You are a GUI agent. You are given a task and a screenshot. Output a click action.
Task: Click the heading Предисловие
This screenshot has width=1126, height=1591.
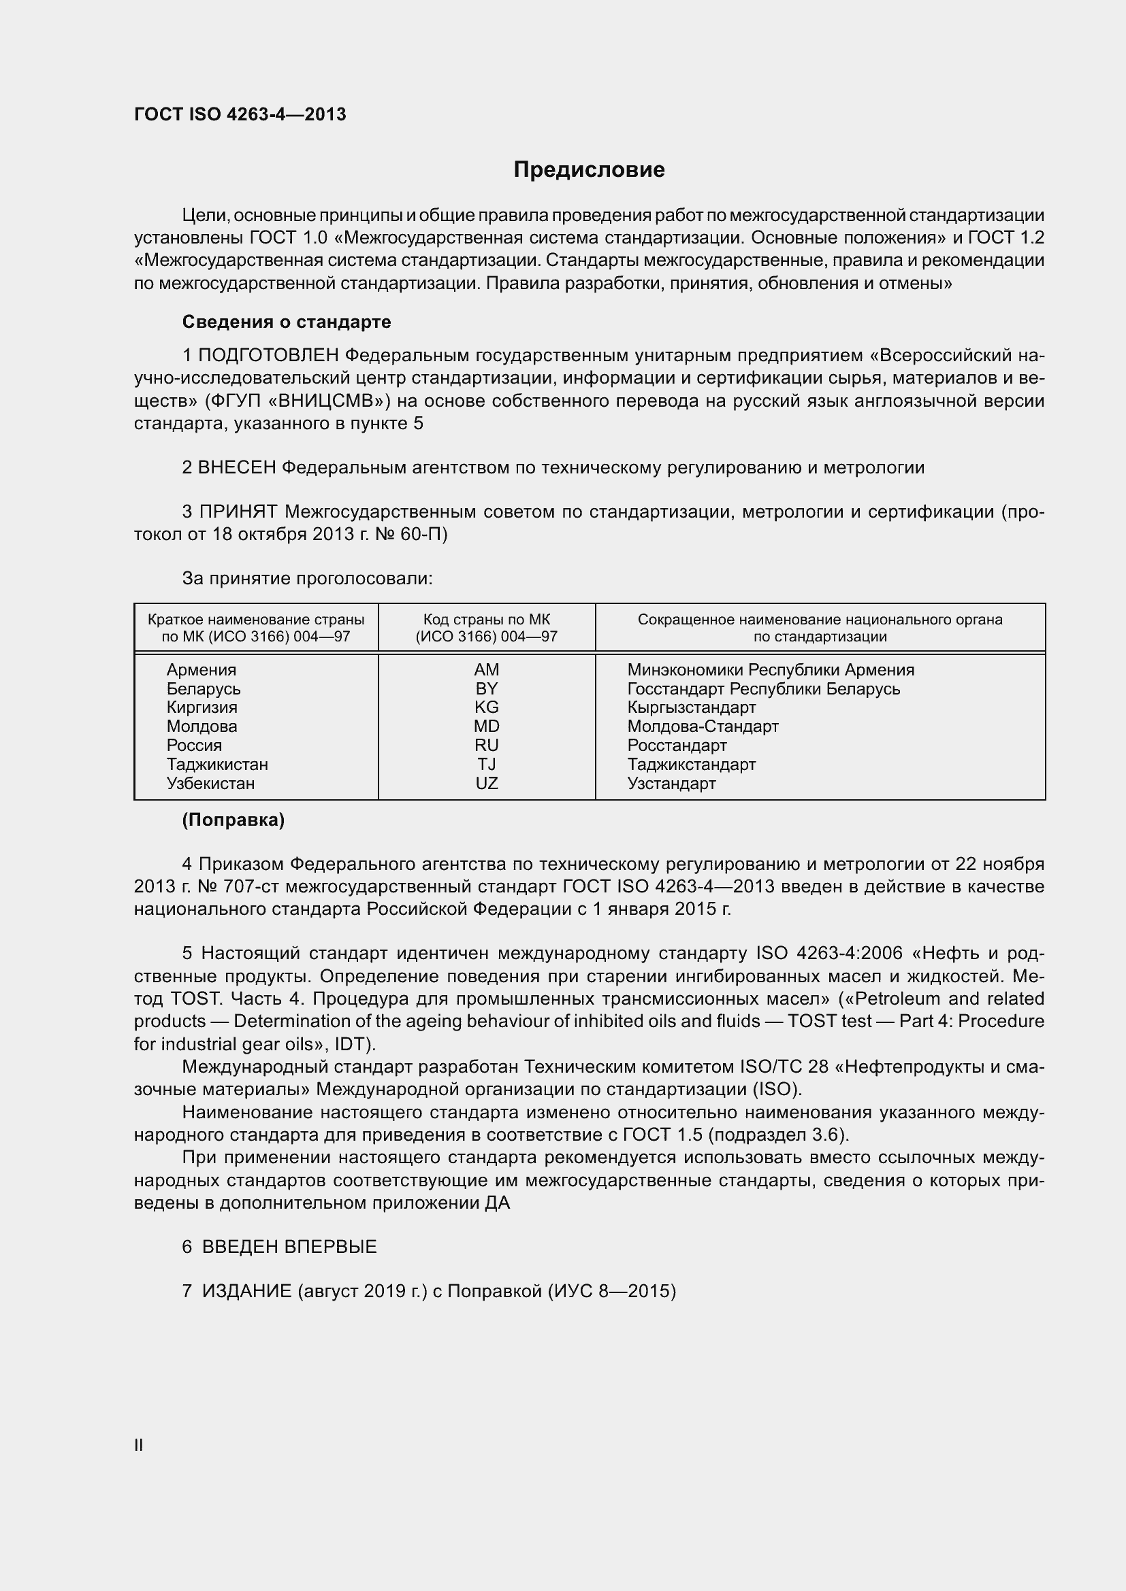point(589,170)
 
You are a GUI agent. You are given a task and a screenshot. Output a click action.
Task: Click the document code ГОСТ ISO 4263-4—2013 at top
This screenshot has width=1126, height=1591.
point(240,114)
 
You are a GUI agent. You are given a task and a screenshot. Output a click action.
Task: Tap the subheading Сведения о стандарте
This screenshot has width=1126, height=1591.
point(287,322)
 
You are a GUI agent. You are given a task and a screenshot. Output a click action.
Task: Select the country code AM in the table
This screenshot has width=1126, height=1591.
point(486,669)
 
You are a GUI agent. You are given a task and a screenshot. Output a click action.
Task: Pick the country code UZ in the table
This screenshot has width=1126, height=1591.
point(486,783)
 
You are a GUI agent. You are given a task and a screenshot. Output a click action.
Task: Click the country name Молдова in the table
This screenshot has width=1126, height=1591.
point(201,726)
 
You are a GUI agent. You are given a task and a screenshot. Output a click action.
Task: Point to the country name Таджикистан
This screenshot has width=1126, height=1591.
point(217,765)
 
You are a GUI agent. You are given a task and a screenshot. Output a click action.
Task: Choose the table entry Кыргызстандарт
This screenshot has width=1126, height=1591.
point(691,707)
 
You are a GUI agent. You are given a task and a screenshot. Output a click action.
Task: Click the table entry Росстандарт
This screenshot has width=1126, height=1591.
point(677,746)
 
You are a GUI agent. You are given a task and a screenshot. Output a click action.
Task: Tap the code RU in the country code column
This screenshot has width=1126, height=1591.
point(486,745)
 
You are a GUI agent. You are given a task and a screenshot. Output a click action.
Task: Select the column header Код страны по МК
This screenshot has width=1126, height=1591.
point(486,620)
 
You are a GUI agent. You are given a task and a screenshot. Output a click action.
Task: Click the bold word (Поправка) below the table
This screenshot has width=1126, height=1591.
point(233,820)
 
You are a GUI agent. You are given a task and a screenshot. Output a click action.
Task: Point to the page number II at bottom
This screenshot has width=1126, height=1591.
point(139,1445)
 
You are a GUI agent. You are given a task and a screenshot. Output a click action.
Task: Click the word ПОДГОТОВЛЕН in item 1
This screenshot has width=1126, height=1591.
point(268,356)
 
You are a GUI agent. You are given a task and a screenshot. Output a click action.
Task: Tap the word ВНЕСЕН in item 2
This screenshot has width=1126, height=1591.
point(237,468)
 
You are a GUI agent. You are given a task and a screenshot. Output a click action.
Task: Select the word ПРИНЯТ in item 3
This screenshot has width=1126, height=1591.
point(238,512)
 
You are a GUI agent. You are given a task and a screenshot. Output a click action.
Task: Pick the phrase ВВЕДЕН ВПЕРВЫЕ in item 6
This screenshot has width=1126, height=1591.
point(289,1247)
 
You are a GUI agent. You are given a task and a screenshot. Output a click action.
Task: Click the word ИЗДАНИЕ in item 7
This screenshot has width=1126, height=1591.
point(247,1291)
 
